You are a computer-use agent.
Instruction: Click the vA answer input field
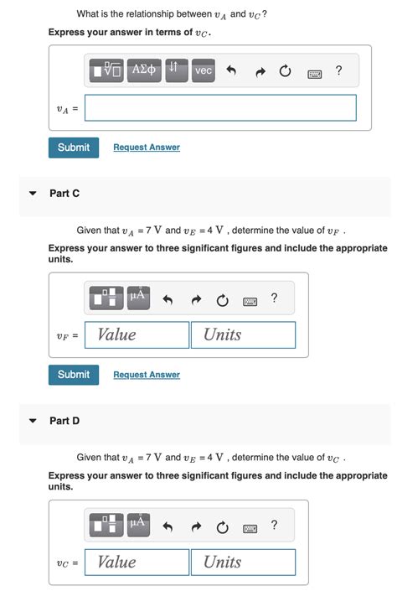pyautogui.click(x=220, y=107)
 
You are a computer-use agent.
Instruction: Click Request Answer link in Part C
pyautogui.click(x=147, y=375)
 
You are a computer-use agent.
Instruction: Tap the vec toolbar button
pyautogui.click(x=204, y=71)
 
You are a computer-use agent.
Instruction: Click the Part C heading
pyautogui.click(x=64, y=194)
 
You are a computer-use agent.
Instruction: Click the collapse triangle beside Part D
pyautogui.click(x=33, y=421)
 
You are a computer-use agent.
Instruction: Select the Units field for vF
pyautogui.click(x=243, y=334)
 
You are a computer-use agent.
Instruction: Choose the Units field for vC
pyautogui.click(x=243, y=562)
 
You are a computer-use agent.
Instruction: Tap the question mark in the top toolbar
pyautogui.click(x=338, y=71)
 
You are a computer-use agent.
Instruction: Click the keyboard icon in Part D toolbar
pyautogui.click(x=250, y=527)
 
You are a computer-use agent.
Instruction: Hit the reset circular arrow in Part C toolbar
pyautogui.click(x=222, y=299)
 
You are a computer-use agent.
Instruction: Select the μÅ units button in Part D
pyautogui.click(x=138, y=525)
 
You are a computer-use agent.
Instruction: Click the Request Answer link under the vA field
pyautogui.click(x=147, y=148)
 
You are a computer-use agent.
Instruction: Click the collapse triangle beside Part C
pyautogui.click(x=33, y=194)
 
